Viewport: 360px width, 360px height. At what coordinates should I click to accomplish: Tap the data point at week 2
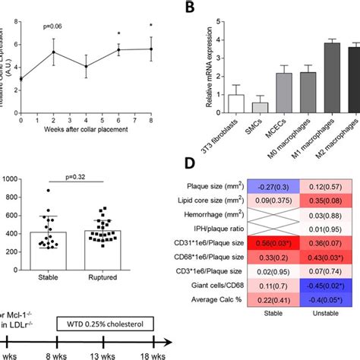53,52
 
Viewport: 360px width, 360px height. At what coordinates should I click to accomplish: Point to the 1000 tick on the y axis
10,179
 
